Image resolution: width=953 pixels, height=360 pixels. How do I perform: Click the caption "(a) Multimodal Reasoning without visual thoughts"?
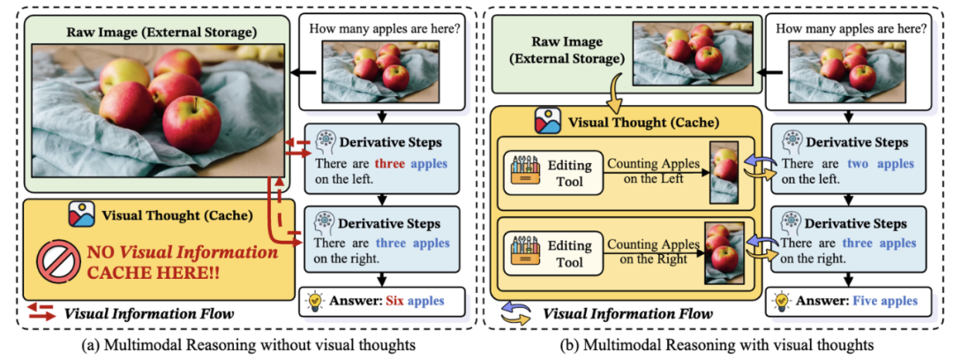239,342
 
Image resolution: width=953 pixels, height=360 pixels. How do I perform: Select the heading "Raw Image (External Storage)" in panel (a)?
160,34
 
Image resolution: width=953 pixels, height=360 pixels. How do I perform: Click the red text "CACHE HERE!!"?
155,271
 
